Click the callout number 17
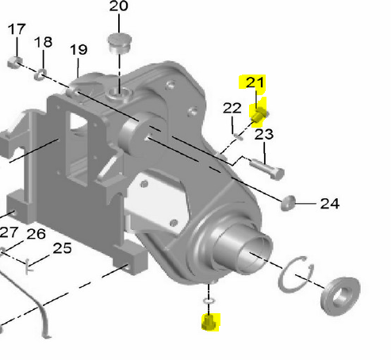coord(17,29)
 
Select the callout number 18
coord(43,42)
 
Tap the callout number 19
coord(79,50)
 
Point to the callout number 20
coord(119,6)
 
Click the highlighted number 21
coord(255,82)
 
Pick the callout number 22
coord(232,108)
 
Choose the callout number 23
coord(264,134)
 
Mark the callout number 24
coord(330,204)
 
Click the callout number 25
coord(62,248)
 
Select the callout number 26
coord(36,234)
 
